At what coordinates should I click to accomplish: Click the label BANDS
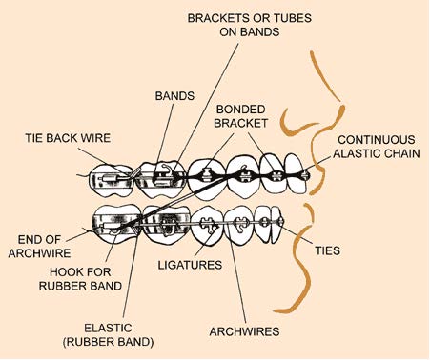pyautogui.click(x=174, y=96)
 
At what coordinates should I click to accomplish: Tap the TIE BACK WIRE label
pyautogui.click(x=68, y=138)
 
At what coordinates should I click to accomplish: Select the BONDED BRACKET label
pyautogui.click(x=240, y=116)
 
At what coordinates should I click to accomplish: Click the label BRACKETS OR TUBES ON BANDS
pyautogui.click(x=250, y=25)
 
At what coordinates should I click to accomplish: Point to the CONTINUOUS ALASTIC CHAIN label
pyautogui.click(x=377, y=147)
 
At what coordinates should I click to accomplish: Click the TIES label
pyautogui.click(x=328, y=250)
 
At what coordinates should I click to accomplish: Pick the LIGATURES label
pyautogui.click(x=190, y=265)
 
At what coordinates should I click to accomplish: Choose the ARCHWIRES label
pyautogui.click(x=244, y=331)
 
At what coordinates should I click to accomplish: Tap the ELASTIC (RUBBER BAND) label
pyautogui.click(x=108, y=335)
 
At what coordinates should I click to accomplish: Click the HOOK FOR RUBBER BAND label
pyautogui.click(x=80, y=279)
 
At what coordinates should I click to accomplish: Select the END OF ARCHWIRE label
pyautogui.click(x=40, y=247)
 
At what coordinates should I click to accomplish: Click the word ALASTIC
pyautogui.click(x=358, y=153)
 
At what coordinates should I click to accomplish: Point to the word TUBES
pyautogui.click(x=293, y=18)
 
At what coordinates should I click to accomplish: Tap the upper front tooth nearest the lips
pyautogui.click(x=297, y=173)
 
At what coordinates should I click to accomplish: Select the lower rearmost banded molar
pyautogui.click(x=117, y=224)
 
